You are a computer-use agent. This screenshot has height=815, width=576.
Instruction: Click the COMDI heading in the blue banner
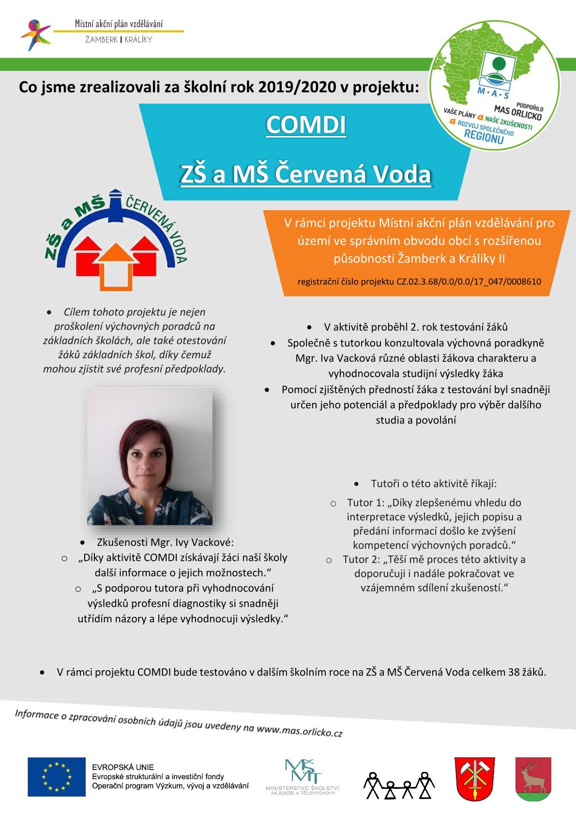pyautogui.click(x=306, y=125)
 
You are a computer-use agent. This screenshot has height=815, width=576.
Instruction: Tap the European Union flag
pyautogui.click(x=56, y=776)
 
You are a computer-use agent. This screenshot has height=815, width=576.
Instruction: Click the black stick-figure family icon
pyautogui.click(x=399, y=784)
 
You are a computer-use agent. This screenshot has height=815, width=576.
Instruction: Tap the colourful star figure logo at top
pyautogui.click(x=35, y=34)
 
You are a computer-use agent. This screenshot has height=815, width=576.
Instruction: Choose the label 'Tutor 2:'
pyautogui.click(x=362, y=559)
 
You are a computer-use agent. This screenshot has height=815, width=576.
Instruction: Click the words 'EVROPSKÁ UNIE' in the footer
pyautogui.click(x=123, y=767)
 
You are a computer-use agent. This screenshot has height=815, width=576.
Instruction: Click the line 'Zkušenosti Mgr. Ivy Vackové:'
pyautogui.click(x=166, y=542)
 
